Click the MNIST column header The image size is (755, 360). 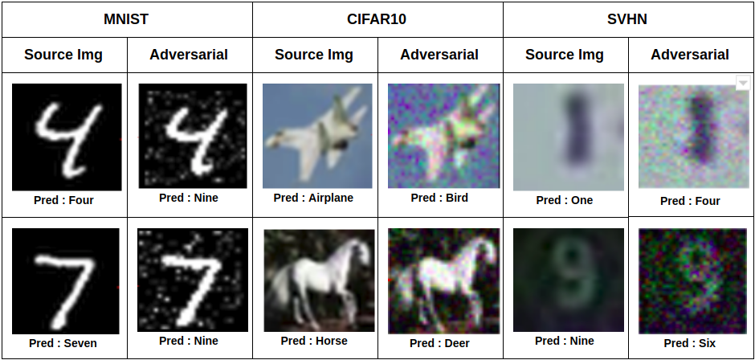(x=126, y=19)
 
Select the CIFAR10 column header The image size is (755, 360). (x=377, y=19)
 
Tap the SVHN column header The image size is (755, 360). (x=627, y=19)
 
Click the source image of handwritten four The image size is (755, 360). (x=67, y=137)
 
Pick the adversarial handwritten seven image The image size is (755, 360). (x=193, y=280)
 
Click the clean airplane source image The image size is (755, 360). (x=317, y=136)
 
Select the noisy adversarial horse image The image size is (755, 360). (x=444, y=281)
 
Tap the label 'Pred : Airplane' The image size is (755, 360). (x=313, y=198)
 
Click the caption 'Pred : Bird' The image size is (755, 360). (x=439, y=198)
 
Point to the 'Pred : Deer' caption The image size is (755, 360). (x=439, y=344)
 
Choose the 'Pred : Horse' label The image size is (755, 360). (x=314, y=342)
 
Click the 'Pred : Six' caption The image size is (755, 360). (x=690, y=344)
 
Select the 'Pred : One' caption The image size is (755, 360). (x=565, y=200)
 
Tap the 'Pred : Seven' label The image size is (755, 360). (x=63, y=344)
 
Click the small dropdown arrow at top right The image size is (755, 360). (x=743, y=83)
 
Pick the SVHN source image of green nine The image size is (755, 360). (x=569, y=280)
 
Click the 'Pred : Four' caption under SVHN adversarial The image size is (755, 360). (x=690, y=201)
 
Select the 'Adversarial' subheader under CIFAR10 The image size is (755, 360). (x=439, y=55)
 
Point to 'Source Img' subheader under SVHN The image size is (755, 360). (x=565, y=55)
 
